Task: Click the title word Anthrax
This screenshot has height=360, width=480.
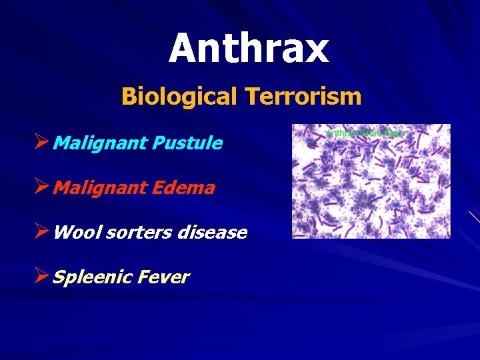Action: (248, 49)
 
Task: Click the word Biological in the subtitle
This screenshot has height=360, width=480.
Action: (179, 97)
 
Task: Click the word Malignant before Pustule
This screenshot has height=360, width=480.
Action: (101, 143)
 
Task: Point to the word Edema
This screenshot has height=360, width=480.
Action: (184, 188)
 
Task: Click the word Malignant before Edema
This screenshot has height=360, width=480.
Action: (101, 188)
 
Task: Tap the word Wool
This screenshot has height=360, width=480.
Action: (74, 233)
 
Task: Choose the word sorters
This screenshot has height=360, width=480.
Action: (130, 233)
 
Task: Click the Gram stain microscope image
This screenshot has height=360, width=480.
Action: (371, 187)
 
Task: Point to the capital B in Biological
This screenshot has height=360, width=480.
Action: (128, 97)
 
